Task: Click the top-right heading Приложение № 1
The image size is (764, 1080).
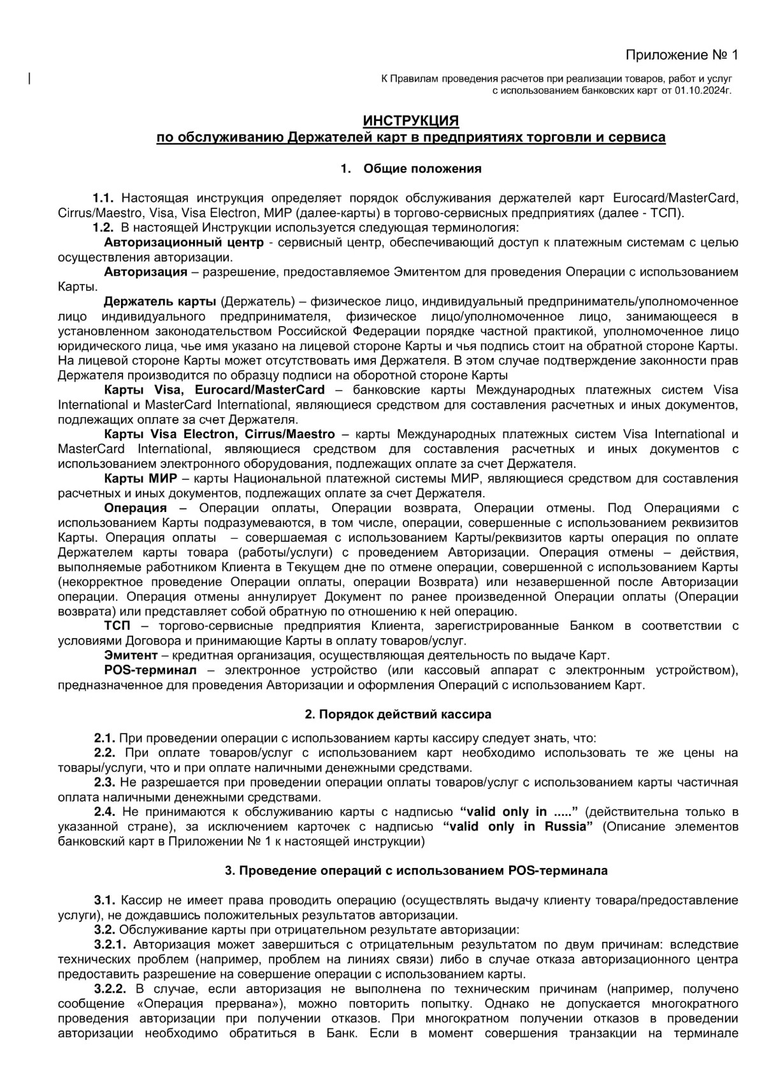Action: (681, 55)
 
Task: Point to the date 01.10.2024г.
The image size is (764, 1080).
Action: (703, 91)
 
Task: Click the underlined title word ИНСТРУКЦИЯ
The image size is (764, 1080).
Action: (410, 120)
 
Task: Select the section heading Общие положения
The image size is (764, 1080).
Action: (422, 169)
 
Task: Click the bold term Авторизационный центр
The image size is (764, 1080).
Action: (184, 243)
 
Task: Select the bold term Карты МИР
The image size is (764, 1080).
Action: (143, 478)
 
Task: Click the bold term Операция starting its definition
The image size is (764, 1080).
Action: (135, 508)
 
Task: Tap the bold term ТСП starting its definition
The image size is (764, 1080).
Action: (117, 626)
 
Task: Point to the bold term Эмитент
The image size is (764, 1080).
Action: (131, 655)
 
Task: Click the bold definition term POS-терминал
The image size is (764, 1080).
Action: (150, 671)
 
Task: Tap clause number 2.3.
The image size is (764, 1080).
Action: (105, 782)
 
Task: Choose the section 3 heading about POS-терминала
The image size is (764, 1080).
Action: (416, 870)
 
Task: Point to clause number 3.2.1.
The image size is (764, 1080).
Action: (110, 944)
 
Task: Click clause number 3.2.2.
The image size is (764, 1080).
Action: (110, 989)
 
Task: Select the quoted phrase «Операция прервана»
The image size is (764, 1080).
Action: (210, 1004)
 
